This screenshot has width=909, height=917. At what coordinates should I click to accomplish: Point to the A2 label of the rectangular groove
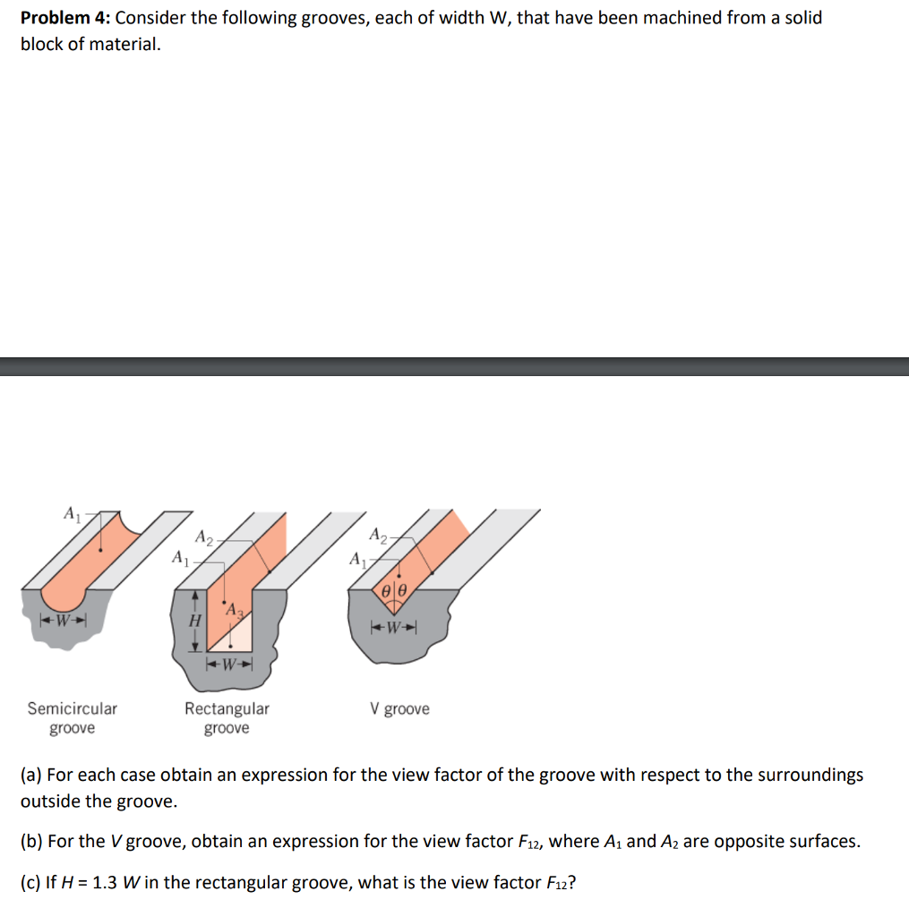pos(204,538)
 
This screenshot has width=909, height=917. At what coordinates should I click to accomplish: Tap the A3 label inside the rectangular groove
pos(234,610)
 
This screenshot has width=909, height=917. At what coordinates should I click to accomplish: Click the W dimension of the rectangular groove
pos(230,664)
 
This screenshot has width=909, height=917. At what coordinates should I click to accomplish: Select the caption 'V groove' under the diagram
pos(399,709)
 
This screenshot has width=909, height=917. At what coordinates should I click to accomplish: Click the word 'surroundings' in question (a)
pos(813,775)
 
